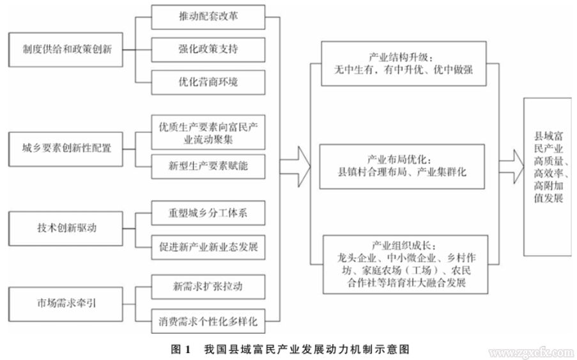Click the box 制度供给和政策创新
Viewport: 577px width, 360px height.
point(67,49)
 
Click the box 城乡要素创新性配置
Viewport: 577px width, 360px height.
point(67,148)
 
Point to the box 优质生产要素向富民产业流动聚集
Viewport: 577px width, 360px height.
point(208,132)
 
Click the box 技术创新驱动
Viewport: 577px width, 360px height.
point(67,228)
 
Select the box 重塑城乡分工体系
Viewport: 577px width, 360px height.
point(208,213)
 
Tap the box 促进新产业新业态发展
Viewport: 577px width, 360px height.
point(208,246)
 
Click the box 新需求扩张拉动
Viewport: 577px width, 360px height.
point(208,286)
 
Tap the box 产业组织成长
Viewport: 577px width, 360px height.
point(405,263)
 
